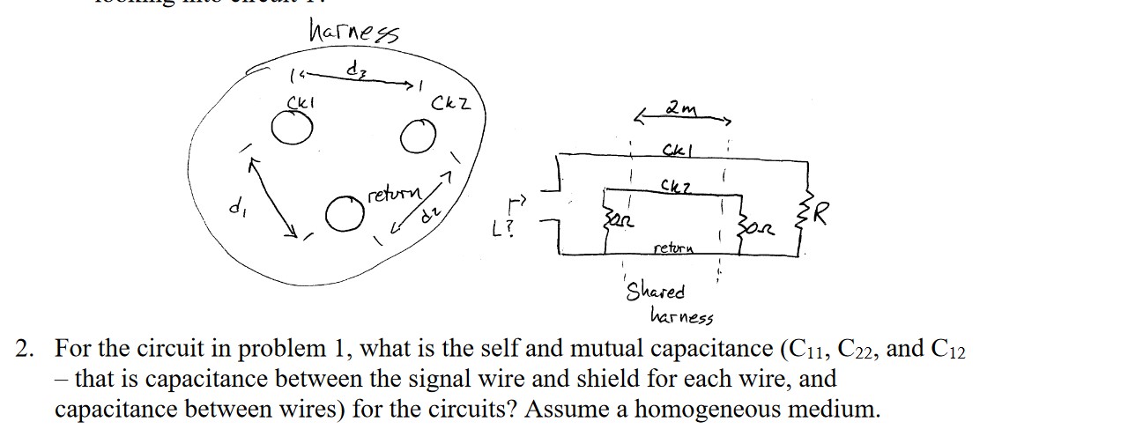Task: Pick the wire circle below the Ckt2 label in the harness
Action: [x=419, y=137]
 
